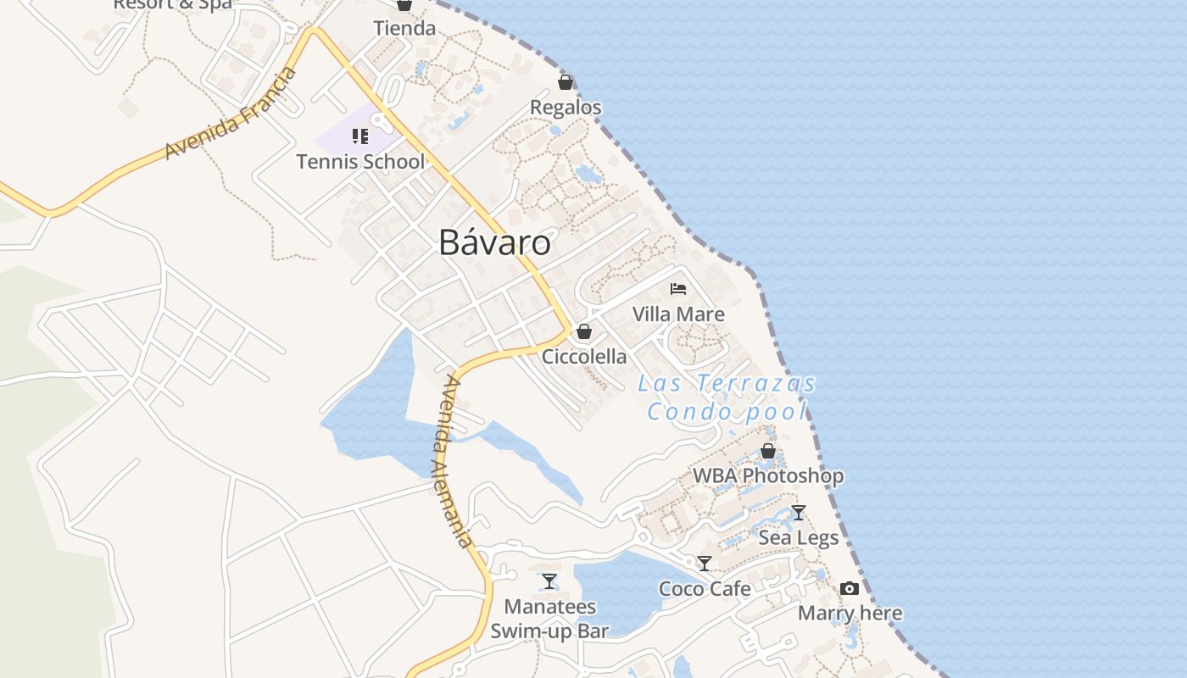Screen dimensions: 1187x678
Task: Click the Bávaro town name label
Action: [494, 243]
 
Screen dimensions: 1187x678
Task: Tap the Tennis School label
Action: [360, 161]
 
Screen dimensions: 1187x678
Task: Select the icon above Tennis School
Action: [360, 136]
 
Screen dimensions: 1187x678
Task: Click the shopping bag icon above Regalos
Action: [566, 82]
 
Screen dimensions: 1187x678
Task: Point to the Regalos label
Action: [566, 108]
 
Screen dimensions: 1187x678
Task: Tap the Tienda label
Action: [404, 28]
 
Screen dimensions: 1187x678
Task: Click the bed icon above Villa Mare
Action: [678, 289]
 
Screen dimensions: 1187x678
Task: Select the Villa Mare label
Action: [678, 314]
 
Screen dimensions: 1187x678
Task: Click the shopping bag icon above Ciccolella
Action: [584, 331]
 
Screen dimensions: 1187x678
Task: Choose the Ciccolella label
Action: [584, 357]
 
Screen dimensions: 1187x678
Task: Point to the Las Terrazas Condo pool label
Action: [727, 397]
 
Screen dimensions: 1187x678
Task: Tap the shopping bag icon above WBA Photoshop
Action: [768, 451]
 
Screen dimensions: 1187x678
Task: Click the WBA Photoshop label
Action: [768, 476]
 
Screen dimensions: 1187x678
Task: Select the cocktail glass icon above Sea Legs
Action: [798, 513]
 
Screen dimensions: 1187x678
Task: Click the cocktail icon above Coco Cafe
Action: [705, 564]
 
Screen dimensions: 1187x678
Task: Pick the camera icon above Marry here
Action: [850, 588]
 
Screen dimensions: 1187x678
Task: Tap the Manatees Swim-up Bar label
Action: [549, 619]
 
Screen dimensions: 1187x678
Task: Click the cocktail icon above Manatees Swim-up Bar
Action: [549, 581]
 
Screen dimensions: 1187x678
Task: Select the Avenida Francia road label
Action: [231, 113]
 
